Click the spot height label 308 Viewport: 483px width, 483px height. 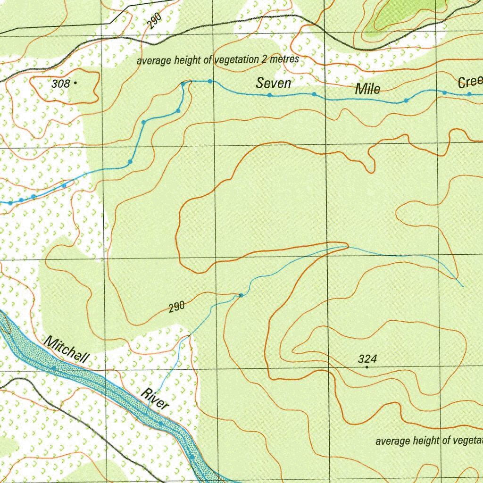[x=60, y=84]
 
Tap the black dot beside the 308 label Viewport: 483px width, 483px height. [x=75, y=83]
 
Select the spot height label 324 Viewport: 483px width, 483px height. [x=367, y=359]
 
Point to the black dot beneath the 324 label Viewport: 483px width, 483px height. [x=367, y=367]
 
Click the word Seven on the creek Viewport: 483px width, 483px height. [x=273, y=83]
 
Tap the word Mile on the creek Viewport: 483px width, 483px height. [x=367, y=89]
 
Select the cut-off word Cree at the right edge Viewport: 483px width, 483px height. [x=470, y=83]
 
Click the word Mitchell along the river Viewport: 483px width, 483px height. [x=66, y=350]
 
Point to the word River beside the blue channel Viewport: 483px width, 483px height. [x=155, y=399]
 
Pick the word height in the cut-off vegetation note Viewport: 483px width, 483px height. [x=426, y=441]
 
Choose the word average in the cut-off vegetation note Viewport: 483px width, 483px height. [x=393, y=441]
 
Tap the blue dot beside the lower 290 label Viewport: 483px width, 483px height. [x=241, y=295]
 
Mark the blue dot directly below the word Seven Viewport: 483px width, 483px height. [x=269, y=95]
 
